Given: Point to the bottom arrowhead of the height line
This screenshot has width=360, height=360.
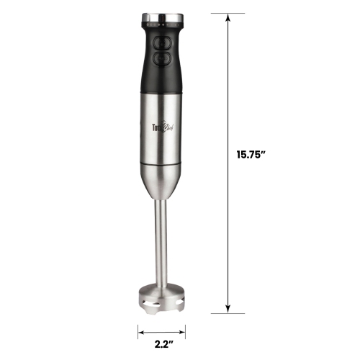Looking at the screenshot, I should [x=229, y=311].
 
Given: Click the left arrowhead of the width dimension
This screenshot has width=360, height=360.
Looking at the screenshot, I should [x=139, y=332].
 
